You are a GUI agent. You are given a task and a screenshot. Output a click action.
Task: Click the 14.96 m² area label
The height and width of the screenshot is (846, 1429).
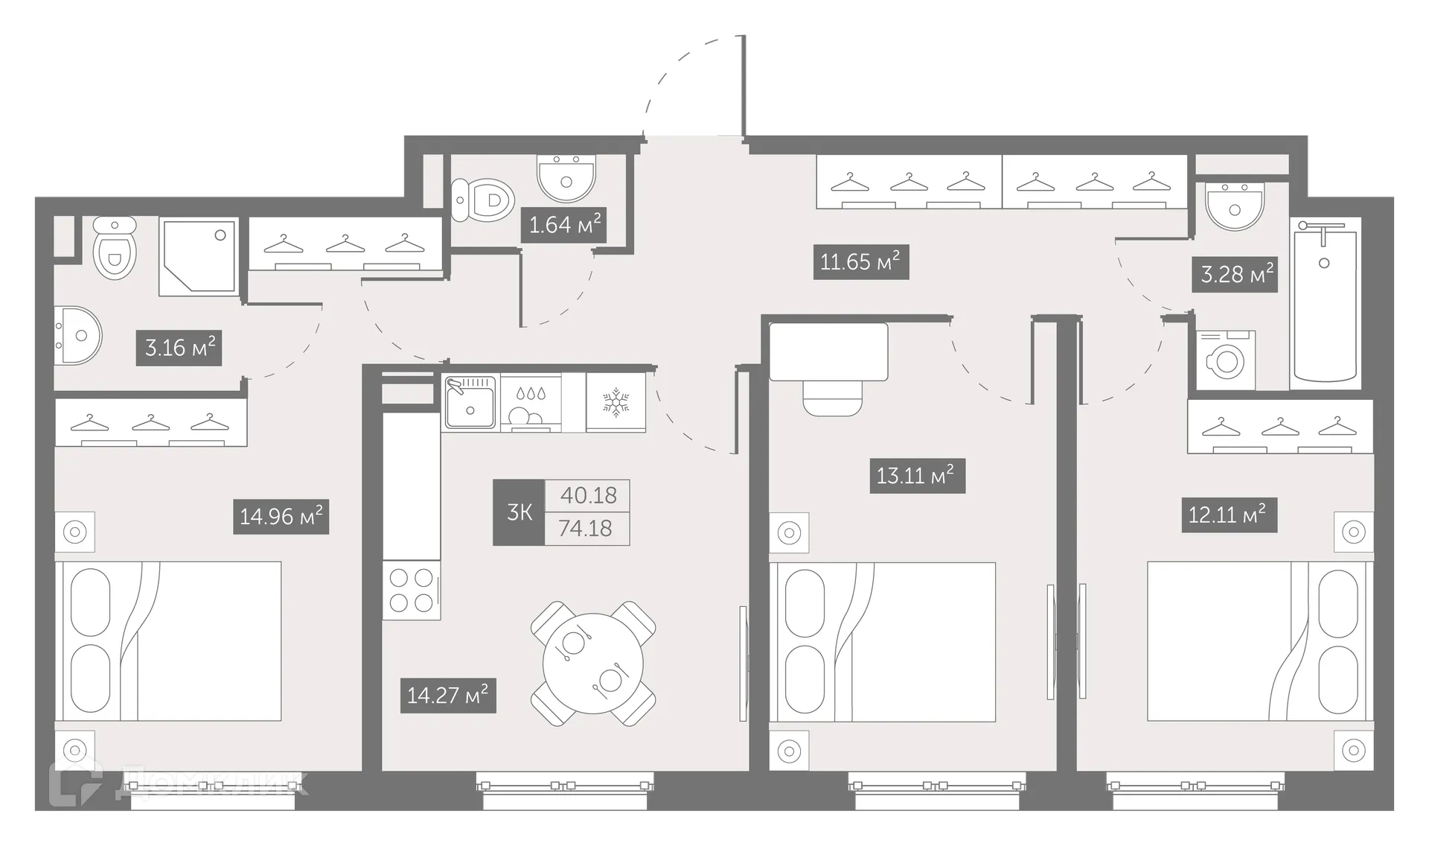[281, 516]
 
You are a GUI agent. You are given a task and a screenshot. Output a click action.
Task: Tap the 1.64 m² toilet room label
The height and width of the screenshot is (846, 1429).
[563, 224]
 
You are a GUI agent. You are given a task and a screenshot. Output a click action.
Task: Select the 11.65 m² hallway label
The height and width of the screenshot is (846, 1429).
[860, 262]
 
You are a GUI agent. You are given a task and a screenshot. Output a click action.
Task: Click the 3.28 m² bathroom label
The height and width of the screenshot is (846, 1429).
[1235, 274]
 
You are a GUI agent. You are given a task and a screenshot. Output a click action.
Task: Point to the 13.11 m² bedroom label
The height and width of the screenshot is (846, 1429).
[917, 475]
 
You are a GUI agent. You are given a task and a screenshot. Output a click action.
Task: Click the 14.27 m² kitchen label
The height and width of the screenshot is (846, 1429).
[447, 695]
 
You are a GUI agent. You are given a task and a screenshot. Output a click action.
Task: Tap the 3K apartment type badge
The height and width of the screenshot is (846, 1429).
[519, 512]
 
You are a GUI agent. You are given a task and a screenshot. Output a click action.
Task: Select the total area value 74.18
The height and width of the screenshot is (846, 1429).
[586, 529]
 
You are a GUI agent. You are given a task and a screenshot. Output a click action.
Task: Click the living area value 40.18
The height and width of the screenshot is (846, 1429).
[588, 495]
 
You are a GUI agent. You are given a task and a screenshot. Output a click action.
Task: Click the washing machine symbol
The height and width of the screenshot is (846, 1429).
[1226, 361]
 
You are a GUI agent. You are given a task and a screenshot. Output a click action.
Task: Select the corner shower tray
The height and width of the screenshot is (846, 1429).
[198, 257]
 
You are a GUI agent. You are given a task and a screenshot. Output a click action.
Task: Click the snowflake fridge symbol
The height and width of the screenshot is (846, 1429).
[616, 402]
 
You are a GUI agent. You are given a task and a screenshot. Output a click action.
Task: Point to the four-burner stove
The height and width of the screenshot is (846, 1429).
[412, 591]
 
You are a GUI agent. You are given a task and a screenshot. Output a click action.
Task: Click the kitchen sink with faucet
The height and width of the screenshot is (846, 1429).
[470, 402]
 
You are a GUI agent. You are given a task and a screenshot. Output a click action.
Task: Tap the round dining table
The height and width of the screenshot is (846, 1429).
[593, 663]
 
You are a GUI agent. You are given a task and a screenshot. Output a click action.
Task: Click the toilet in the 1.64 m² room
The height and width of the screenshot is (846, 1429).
[484, 200]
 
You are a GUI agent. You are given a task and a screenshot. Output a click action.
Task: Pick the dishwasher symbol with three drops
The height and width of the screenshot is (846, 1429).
[531, 402]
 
